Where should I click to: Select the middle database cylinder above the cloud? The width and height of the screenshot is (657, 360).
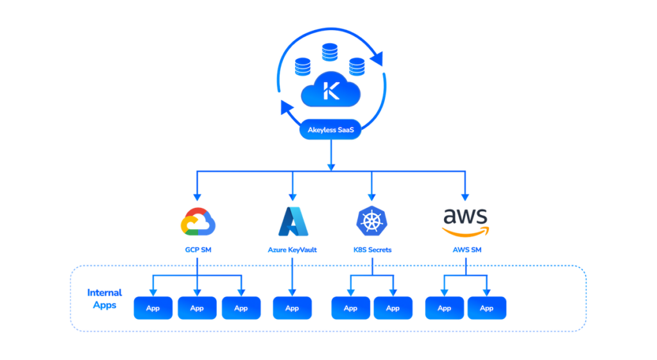click(x=330, y=52)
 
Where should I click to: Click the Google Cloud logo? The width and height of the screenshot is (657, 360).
click(x=197, y=221)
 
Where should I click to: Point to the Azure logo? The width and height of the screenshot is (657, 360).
click(x=293, y=222)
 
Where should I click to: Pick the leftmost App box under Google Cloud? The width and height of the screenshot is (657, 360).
click(x=153, y=308)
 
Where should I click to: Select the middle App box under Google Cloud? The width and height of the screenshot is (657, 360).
click(x=197, y=308)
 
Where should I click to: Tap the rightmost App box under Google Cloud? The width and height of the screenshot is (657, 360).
click(x=241, y=308)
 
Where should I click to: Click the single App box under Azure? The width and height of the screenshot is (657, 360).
click(x=293, y=308)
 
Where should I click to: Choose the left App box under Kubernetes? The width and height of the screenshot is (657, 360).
click(x=351, y=308)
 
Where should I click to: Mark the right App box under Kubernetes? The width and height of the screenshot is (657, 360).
click(x=393, y=308)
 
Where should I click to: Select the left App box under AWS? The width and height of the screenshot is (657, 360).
click(x=445, y=308)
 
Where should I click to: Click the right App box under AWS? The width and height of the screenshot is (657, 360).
click(x=486, y=308)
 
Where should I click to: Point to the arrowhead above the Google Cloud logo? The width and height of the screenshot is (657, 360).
click(x=197, y=196)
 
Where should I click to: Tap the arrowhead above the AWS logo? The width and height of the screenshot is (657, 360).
click(x=465, y=196)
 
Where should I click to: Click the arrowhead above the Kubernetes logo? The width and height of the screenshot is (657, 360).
click(x=371, y=196)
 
